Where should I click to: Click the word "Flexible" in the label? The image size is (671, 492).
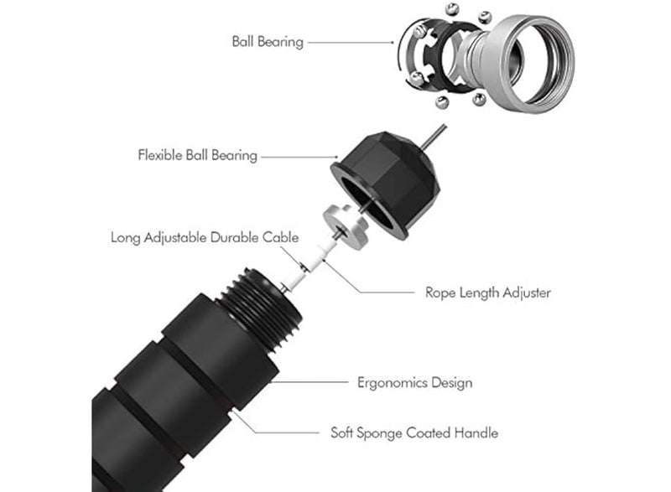160,155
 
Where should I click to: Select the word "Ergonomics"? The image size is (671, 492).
392,382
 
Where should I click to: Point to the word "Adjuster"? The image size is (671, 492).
527,293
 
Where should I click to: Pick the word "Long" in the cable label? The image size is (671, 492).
125,238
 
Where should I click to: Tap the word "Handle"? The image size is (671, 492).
476,433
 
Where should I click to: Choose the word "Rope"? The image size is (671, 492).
440,293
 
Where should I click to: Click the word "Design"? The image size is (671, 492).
451,382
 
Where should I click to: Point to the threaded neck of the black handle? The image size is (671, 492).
262,308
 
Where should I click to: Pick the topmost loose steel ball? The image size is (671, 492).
453,9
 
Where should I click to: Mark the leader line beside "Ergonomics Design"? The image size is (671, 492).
309,381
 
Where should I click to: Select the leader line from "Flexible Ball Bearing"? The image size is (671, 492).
299,157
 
